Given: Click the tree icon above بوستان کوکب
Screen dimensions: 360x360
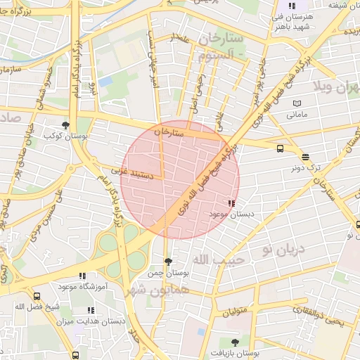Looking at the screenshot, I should coord(66,124).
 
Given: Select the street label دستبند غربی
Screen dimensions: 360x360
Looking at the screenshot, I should coord(131,170).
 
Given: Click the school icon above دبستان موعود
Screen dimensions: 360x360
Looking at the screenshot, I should coord(233,203).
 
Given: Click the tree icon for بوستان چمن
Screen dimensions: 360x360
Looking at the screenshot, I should coord(167,262).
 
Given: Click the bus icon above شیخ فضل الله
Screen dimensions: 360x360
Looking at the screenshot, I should coord(36,297).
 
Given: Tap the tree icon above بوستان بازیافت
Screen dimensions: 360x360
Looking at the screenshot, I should coord(235,342).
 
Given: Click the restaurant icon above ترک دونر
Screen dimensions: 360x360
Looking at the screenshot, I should coord(305,157).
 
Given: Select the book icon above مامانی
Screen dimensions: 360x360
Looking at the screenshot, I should coord(297,103).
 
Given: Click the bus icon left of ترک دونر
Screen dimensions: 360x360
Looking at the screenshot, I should coord(281,148).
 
